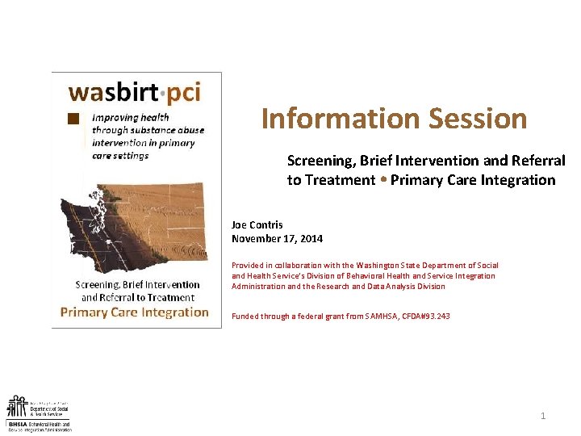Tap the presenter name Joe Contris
point(257,225)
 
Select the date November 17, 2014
point(277,238)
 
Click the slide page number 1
point(543,416)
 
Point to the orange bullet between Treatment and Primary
point(383,179)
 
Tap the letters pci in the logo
point(184,92)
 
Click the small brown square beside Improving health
point(73,118)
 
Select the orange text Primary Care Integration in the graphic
point(135,312)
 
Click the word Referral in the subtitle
point(537,161)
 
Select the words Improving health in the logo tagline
point(131,117)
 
